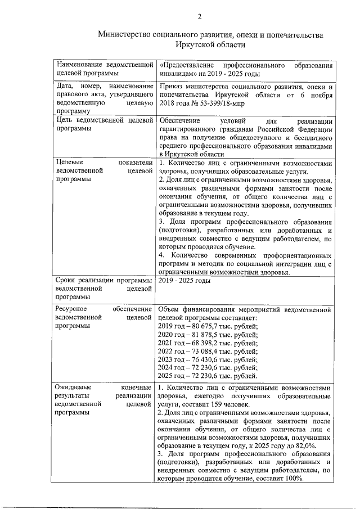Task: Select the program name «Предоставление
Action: pos(187,66)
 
